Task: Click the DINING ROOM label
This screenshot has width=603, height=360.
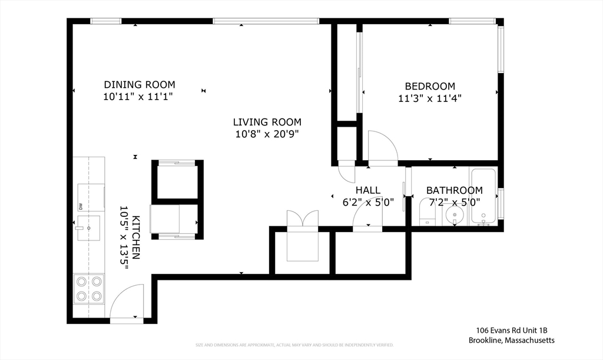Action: (x=140, y=85)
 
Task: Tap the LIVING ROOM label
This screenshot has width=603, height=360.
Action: (x=267, y=123)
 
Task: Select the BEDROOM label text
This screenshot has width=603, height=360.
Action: (x=429, y=86)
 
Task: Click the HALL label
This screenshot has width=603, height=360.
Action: (x=368, y=190)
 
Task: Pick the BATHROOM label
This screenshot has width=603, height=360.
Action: (x=454, y=190)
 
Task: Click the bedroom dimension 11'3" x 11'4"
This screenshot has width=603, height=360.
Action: (x=429, y=98)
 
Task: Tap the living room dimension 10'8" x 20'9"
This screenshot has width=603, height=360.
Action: (x=267, y=134)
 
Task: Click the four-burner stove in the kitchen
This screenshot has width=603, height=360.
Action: (x=88, y=288)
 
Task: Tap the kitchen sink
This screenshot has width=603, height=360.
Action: (x=89, y=225)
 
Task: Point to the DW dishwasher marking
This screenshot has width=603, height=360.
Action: (x=80, y=206)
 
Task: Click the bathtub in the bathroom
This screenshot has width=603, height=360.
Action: (x=484, y=196)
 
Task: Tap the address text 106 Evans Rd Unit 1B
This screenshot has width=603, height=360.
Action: (x=511, y=331)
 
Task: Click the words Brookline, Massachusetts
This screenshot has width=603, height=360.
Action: (x=511, y=340)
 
